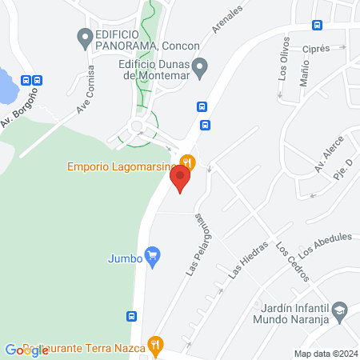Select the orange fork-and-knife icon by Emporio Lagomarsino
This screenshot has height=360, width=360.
pos(187,160)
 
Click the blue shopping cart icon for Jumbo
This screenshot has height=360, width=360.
pos(153,257)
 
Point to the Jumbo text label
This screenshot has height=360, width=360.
pos(124,258)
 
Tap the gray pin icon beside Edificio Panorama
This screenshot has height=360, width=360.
pos(84,36)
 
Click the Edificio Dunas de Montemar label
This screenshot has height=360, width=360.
pos(152,71)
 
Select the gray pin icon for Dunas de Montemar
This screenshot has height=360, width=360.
pos(201,65)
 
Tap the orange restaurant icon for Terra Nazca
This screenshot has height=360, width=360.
pos(158,346)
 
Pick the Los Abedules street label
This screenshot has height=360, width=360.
pos(326,243)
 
